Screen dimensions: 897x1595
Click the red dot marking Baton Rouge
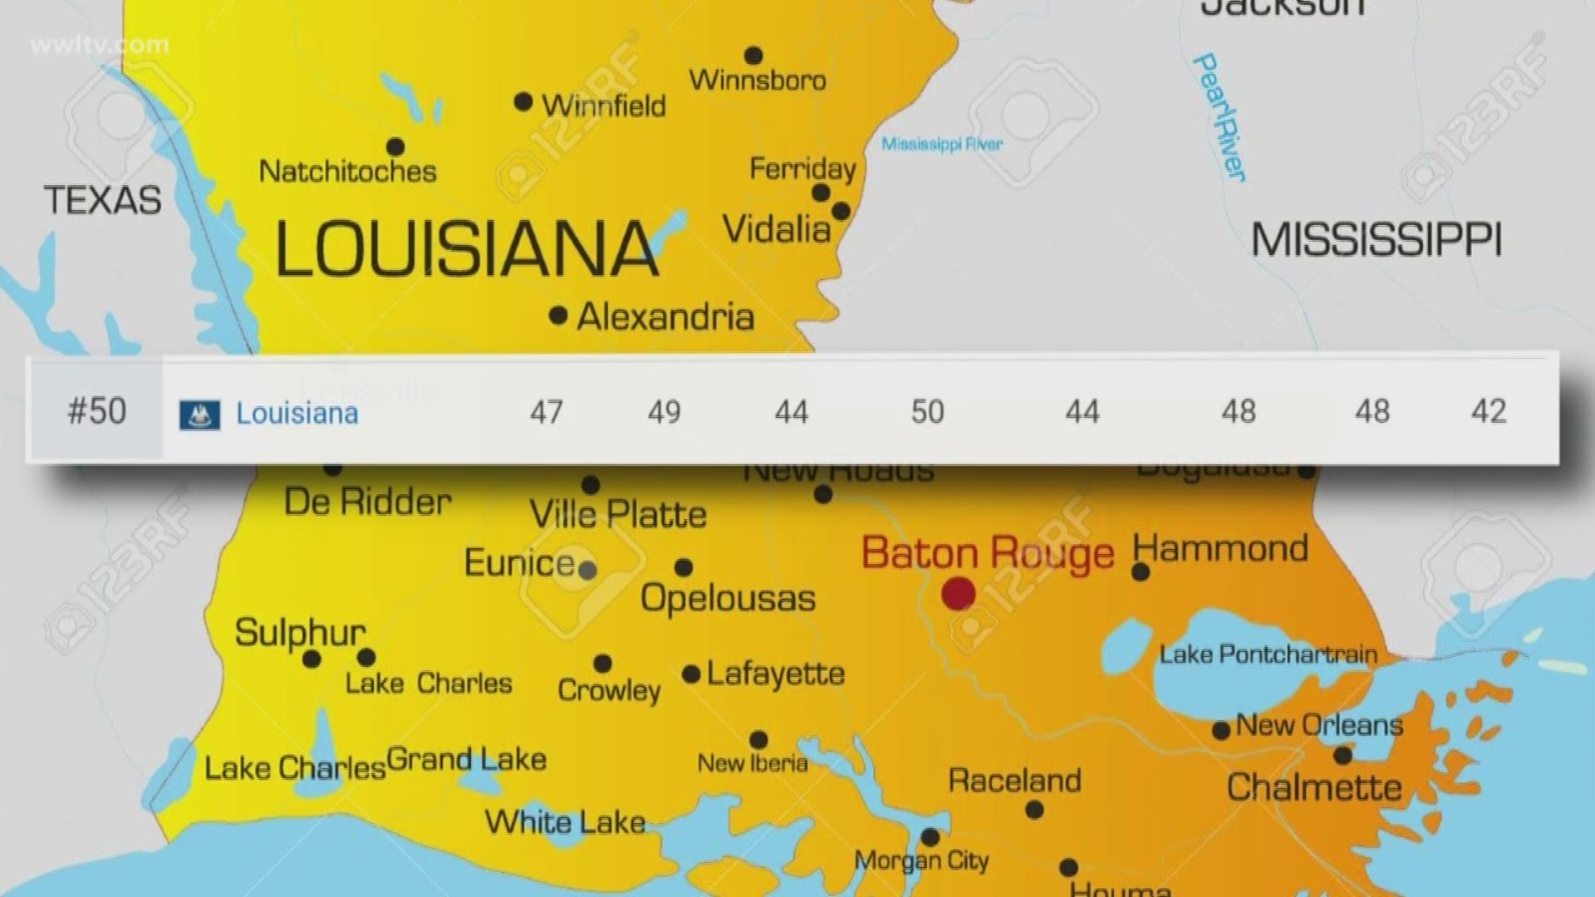[x=958, y=594]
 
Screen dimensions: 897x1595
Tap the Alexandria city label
[x=665, y=316]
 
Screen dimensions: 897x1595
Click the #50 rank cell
[x=96, y=411]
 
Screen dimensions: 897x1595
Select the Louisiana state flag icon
[x=199, y=414]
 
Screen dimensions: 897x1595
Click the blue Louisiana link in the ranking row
[x=297, y=413]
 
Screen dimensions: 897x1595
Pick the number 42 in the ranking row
[x=1488, y=411]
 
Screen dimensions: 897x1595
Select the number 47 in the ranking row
[x=546, y=412]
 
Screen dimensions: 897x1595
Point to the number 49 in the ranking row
[x=664, y=412]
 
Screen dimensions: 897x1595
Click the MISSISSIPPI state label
[x=1376, y=241]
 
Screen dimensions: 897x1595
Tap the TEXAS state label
[x=102, y=200]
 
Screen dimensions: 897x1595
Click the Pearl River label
[x=1219, y=117]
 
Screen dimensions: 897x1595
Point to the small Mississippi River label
[x=941, y=145]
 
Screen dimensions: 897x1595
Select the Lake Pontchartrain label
[x=1268, y=654]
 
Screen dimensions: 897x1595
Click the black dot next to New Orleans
[x=1221, y=731]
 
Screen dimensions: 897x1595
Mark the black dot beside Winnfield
[x=523, y=102]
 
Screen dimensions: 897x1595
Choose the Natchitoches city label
[x=347, y=171]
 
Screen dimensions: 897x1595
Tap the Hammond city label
[x=1220, y=549]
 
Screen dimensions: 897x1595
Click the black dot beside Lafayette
[x=691, y=674]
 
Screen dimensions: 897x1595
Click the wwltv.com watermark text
[x=99, y=45]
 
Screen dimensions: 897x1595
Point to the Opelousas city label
[x=728, y=599]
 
